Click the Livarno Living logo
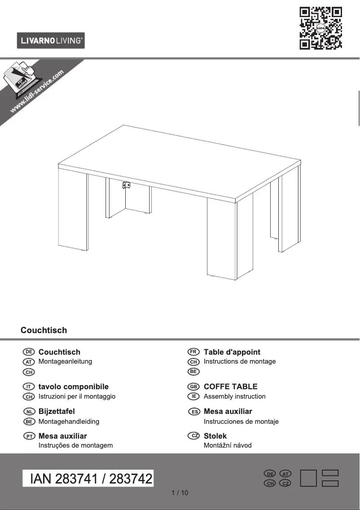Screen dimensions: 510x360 pos(51,40)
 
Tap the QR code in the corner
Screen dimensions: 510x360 pos(320,28)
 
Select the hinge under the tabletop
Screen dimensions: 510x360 pos(126,185)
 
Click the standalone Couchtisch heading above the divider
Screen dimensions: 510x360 pos(44,330)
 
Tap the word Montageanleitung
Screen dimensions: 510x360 pos(65,361)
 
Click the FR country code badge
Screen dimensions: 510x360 pos(193,352)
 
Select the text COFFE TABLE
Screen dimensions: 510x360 pos(230,387)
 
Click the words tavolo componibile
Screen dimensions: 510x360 pos(73,387)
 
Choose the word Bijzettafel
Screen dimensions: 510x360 pos(57,411)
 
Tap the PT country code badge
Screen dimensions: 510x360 pos(28,436)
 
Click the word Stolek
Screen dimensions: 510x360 pos(215,436)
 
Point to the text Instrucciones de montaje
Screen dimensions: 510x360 pos(241,422)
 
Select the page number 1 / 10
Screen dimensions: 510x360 pos(180,493)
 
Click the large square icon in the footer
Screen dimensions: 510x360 pos(309,478)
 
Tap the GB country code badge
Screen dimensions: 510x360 pos(193,387)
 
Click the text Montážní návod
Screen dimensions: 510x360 pos(228,445)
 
